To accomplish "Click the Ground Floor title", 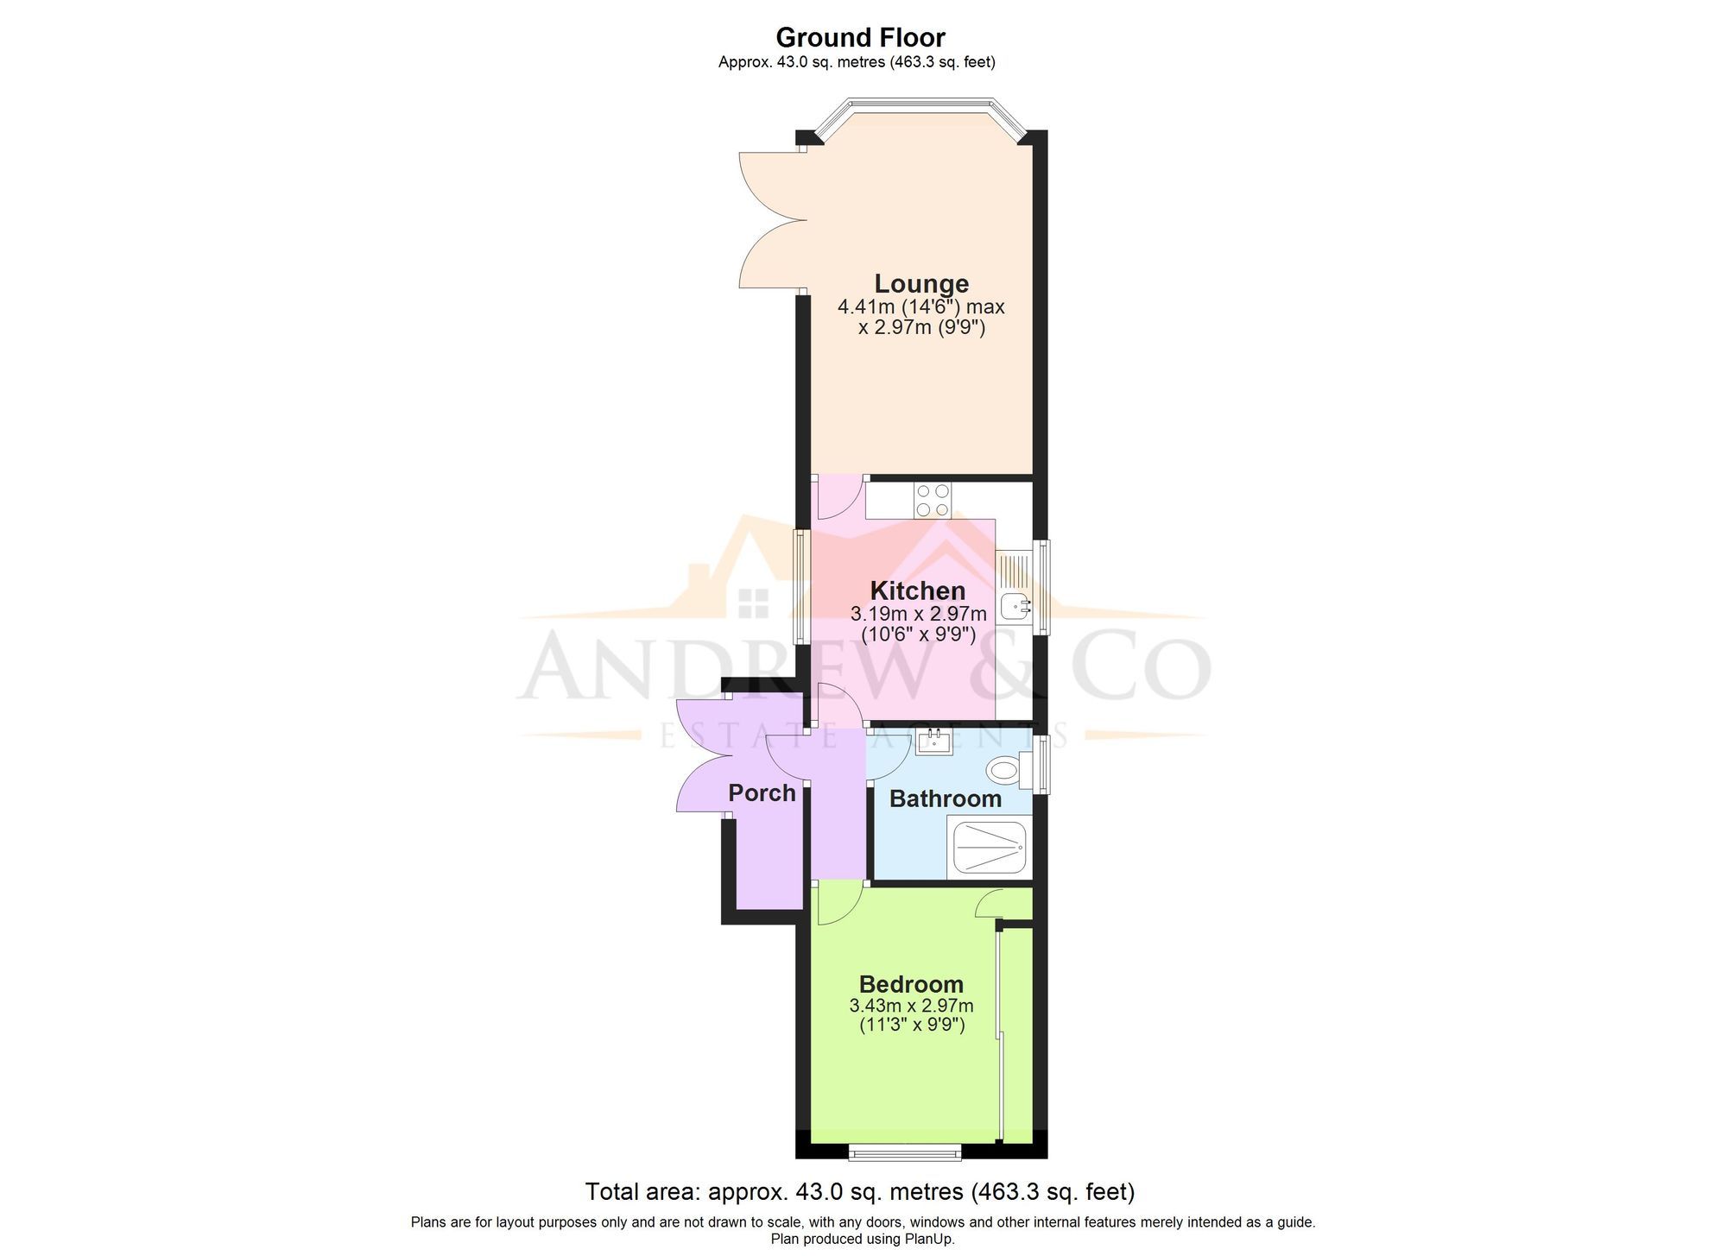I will [x=860, y=38].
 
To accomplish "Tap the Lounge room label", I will [x=921, y=283].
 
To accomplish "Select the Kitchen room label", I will [x=917, y=590].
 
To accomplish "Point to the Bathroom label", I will [x=945, y=798].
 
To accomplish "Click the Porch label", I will [x=762, y=792].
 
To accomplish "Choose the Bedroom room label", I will [x=911, y=984].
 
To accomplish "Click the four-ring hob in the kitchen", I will [x=933, y=500].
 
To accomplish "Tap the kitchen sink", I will [x=1014, y=606].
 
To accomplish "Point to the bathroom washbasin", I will [x=934, y=741].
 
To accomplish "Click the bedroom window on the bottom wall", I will [x=904, y=1151].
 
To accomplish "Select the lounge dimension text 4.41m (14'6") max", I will [x=920, y=306].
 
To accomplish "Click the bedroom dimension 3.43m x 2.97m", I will [x=911, y=1006].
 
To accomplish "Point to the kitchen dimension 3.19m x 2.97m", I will [x=918, y=614].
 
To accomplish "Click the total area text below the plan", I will [x=860, y=1192].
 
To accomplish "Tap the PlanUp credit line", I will [x=863, y=1239].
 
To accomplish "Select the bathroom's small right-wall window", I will [x=1042, y=762].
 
